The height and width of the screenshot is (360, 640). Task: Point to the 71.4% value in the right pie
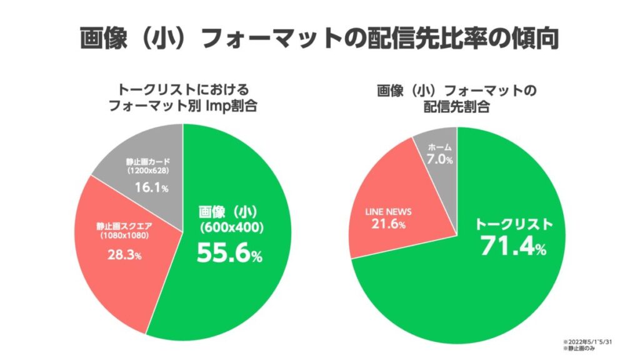click(513, 246)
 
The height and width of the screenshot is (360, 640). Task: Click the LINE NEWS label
click(388, 211)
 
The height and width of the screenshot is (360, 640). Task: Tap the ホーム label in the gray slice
click(439, 147)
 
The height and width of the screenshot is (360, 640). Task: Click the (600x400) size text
click(230, 228)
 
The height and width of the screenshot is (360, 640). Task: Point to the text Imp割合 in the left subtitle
click(235, 106)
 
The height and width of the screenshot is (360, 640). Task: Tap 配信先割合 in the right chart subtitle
click(457, 106)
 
